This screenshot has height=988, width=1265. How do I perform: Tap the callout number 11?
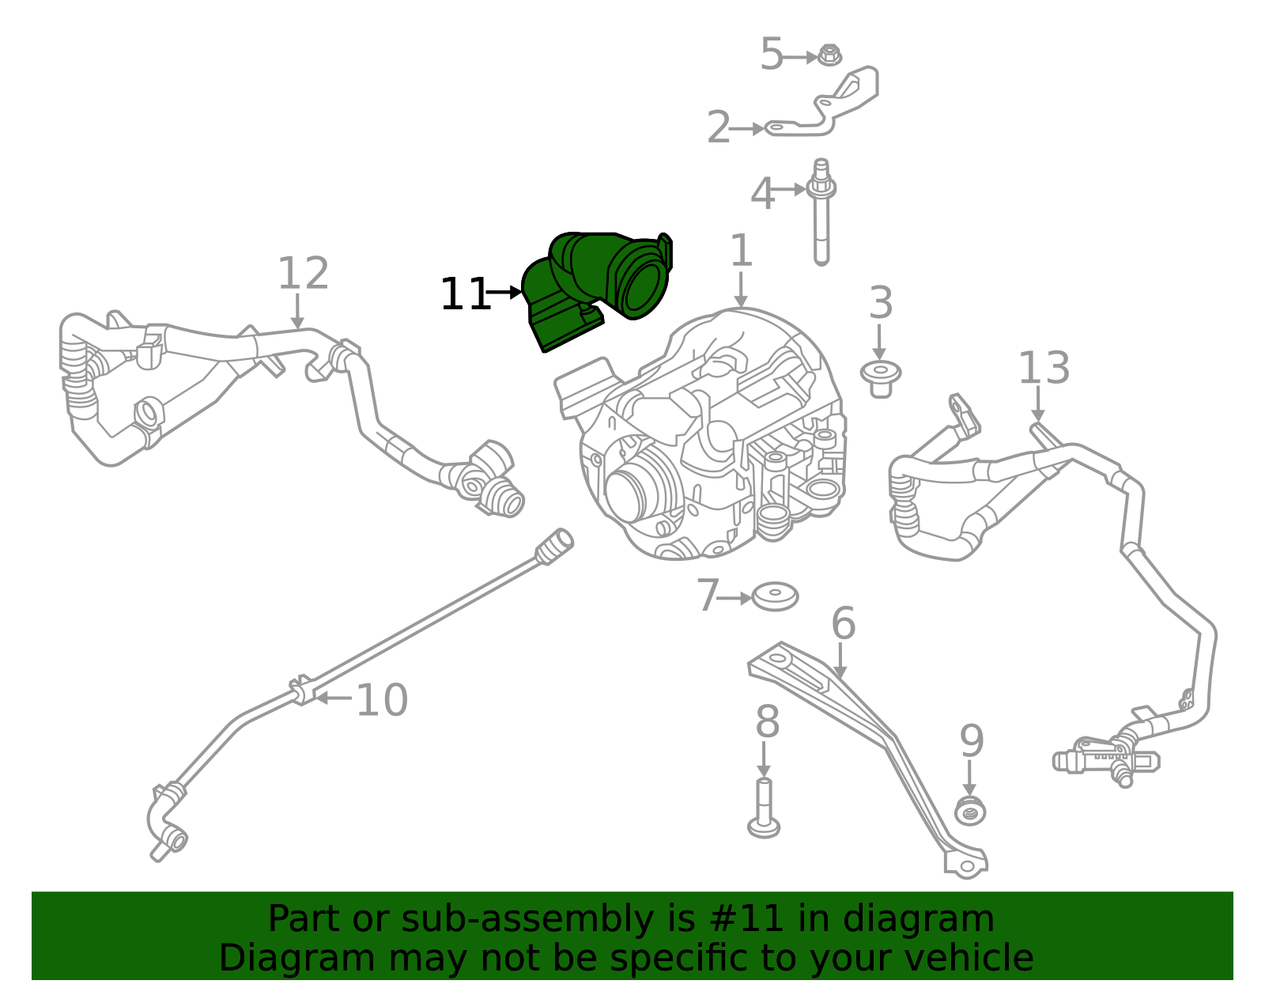click(465, 294)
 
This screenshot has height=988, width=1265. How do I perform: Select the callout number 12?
click(304, 273)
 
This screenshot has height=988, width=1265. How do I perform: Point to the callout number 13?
click(1044, 368)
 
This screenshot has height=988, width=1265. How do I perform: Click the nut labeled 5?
click(829, 56)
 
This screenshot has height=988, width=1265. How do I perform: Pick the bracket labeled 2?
click(821, 102)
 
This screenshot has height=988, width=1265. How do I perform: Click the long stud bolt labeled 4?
click(821, 213)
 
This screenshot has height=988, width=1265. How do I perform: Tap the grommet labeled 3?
click(880, 379)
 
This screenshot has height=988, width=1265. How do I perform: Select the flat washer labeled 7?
click(775, 596)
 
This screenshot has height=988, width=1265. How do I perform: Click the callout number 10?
click(381, 700)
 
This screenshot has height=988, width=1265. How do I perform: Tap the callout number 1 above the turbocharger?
click(741, 250)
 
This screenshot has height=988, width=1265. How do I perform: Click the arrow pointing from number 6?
click(840, 661)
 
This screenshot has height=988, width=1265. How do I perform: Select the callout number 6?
click(844, 623)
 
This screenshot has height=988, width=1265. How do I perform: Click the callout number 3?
click(880, 303)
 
